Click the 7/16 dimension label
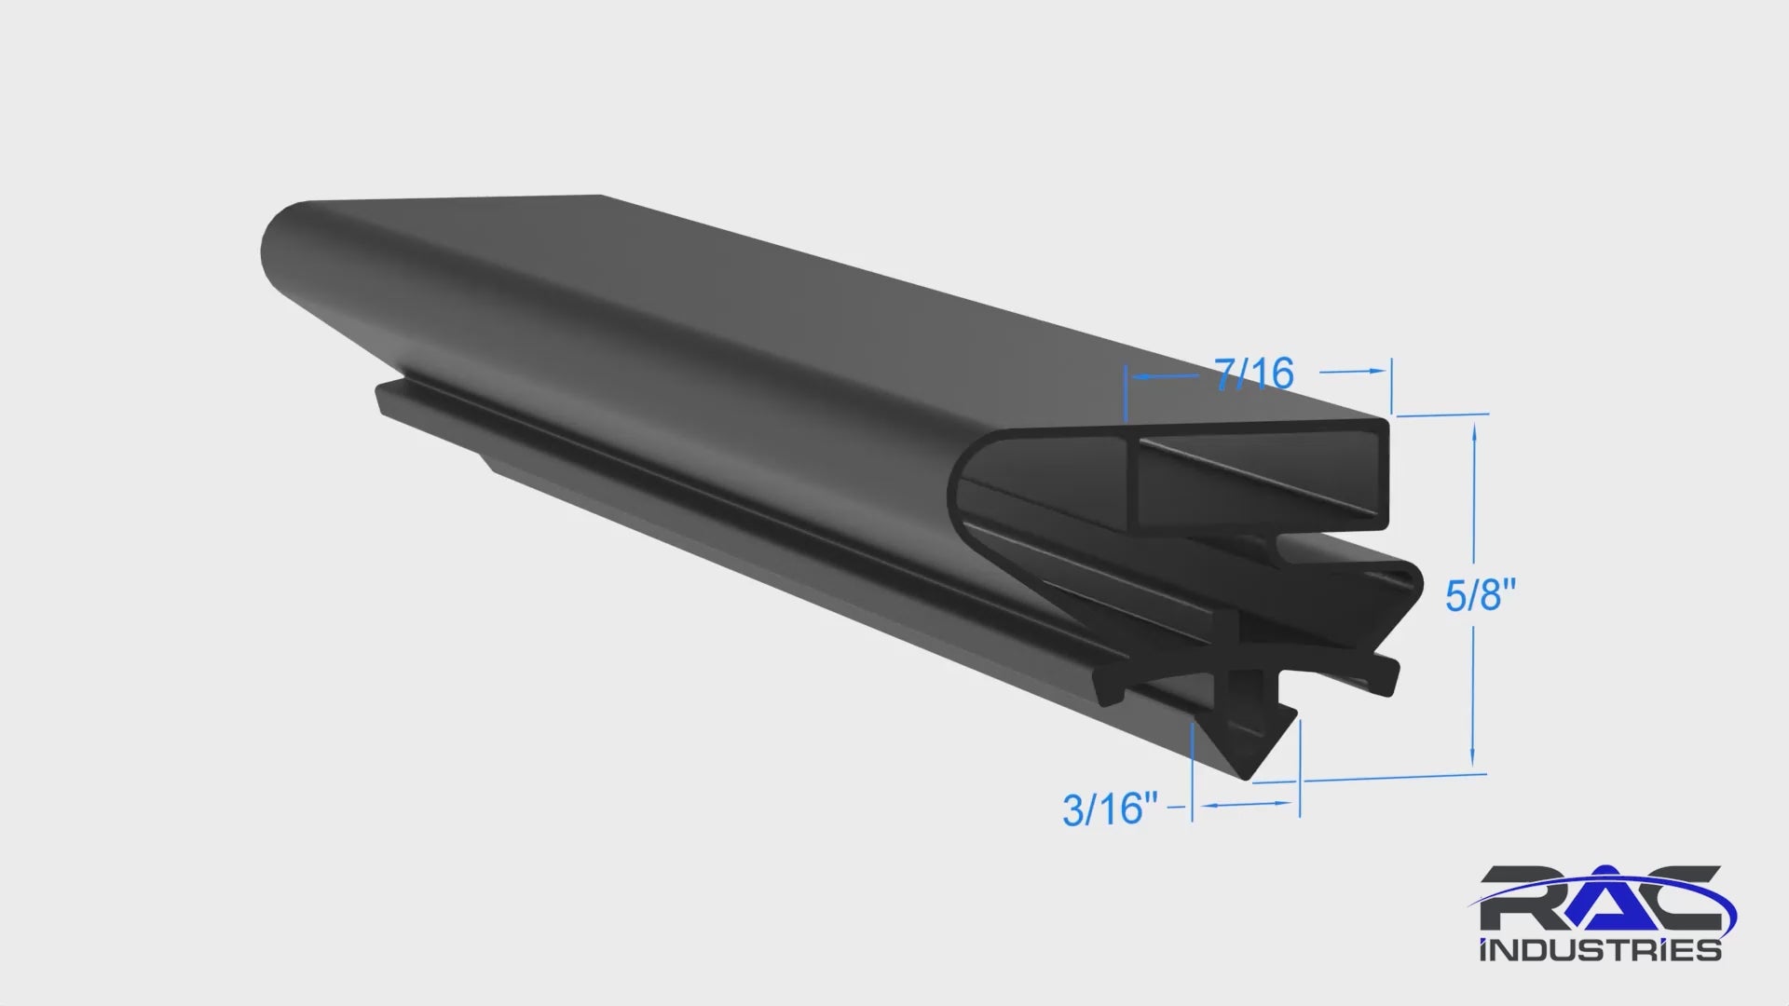1255,374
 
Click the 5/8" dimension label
1481,594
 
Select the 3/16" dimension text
1110,809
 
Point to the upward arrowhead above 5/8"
1474,431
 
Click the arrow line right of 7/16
1354,371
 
